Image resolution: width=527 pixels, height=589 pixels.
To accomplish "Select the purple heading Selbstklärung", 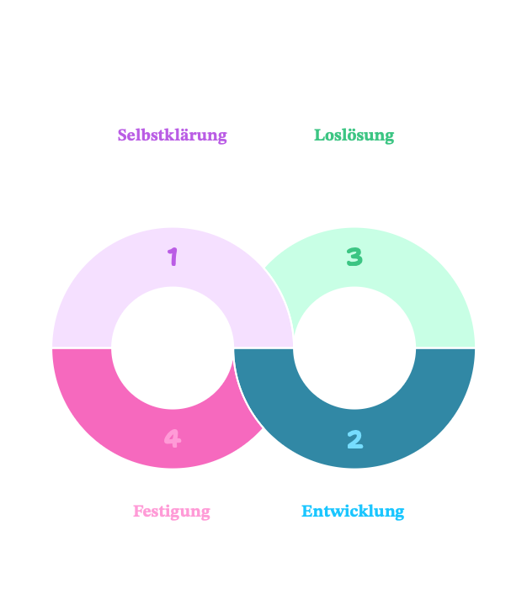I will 172,135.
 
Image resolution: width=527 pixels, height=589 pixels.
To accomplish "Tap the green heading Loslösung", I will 354,135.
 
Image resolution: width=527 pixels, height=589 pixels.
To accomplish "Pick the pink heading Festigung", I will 171,511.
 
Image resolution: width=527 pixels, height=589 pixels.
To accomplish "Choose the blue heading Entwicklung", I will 353,511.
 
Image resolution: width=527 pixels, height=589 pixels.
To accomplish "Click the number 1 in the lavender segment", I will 173,257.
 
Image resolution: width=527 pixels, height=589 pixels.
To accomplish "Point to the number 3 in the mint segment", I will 354,257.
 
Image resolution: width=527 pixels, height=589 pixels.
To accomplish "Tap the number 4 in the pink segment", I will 172,438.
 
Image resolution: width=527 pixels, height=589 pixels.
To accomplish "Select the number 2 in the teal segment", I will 354,438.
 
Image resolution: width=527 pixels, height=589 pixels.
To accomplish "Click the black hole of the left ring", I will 172,348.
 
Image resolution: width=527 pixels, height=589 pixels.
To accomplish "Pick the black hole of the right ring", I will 354,348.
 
